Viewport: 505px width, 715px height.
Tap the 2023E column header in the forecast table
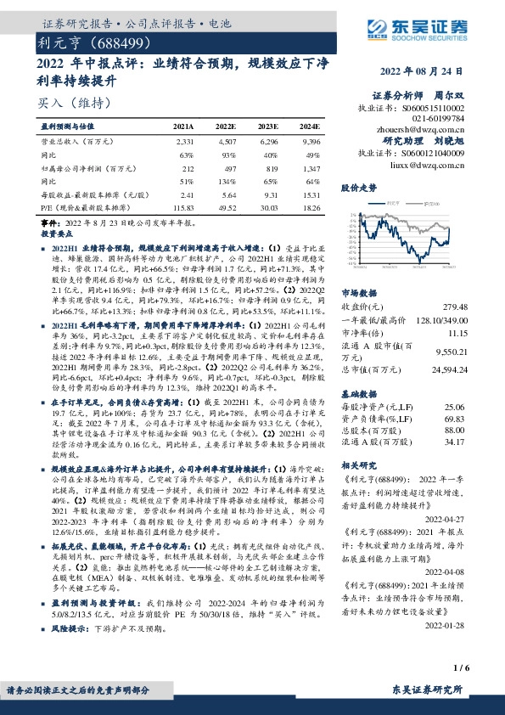tap(269, 125)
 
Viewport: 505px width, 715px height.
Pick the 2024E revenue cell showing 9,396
tap(311, 141)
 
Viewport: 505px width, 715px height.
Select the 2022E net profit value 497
tap(227, 168)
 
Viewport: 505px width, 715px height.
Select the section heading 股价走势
tap(358, 185)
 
